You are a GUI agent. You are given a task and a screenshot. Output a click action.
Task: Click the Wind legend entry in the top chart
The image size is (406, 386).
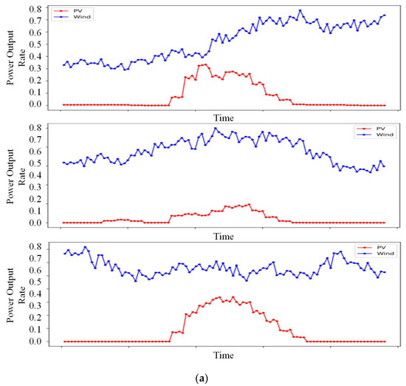[x=72, y=17]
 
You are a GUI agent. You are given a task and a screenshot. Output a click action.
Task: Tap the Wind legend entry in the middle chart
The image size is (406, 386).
[x=375, y=135]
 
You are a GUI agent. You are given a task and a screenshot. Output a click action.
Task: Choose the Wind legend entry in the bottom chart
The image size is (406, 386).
[x=376, y=254]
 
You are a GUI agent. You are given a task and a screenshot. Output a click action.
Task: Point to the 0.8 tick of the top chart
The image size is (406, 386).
[x=35, y=9]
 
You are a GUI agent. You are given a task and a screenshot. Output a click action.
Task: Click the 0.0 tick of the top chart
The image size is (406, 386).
[x=35, y=104]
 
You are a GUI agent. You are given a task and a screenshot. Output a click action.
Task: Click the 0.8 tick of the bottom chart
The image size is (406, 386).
[x=35, y=246]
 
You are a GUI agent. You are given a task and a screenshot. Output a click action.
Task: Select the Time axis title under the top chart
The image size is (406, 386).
[x=224, y=118]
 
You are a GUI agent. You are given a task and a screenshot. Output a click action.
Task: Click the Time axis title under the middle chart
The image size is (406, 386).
[x=224, y=237]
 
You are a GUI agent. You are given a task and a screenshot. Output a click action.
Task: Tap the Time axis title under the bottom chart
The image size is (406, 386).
[x=224, y=355]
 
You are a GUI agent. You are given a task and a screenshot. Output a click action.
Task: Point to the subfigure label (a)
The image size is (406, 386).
[x=202, y=379]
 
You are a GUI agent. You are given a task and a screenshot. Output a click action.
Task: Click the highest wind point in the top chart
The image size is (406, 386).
[x=300, y=10]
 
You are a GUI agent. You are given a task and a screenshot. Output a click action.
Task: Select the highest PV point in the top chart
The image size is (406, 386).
[x=206, y=64]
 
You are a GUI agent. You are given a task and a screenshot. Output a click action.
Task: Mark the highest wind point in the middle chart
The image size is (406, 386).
[x=216, y=128]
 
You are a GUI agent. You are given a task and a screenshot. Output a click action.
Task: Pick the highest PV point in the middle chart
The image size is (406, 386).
[x=249, y=204]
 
